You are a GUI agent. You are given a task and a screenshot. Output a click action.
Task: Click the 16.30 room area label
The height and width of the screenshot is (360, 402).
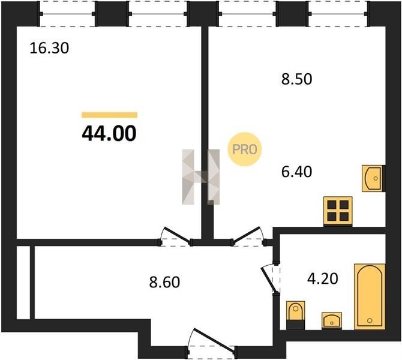(49, 49)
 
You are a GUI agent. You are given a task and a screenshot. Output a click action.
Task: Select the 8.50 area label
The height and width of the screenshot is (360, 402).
(296, 79)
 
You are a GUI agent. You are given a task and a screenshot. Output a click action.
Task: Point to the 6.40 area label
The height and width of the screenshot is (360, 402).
(296, 172)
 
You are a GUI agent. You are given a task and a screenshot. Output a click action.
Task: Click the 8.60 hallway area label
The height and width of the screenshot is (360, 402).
(164, 283)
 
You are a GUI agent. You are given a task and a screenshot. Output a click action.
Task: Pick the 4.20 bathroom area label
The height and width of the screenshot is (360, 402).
(323, 279)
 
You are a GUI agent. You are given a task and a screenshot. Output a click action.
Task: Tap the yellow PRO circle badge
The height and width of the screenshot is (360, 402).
(245, 149)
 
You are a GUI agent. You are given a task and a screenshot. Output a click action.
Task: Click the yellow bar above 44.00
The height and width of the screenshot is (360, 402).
(109, 115)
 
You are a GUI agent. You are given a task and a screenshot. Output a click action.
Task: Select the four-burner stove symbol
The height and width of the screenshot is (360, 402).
(338, 211)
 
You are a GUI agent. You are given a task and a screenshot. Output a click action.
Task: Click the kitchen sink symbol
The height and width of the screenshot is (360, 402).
(372, 178)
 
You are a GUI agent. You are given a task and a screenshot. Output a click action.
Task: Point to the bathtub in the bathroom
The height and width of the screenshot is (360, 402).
(370, 296)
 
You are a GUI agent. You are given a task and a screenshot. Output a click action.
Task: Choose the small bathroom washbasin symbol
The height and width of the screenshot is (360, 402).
(331, 320)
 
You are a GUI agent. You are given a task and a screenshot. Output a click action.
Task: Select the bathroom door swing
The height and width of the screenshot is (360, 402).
(270, 279)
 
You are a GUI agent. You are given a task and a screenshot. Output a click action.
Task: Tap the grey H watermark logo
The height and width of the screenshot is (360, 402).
(201, 177)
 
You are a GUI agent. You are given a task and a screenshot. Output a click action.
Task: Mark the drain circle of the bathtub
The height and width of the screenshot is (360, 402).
(370, 320)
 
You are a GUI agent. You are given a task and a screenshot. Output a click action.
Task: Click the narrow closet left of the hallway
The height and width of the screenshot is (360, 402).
(23, 283)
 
